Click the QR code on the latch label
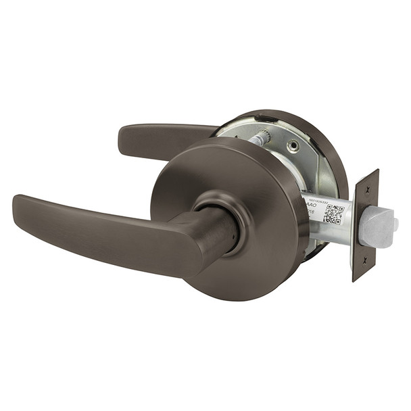click(x=334, y=213)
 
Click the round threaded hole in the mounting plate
click(x=292, y=145)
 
